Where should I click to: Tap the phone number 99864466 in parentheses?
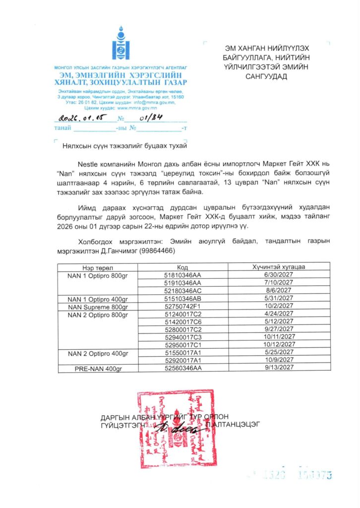point(162,252)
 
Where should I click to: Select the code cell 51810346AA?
point(181,274)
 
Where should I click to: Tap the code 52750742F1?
point(181,307)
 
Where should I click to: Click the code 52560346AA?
point(181,368)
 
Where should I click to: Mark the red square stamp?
point(177,429)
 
